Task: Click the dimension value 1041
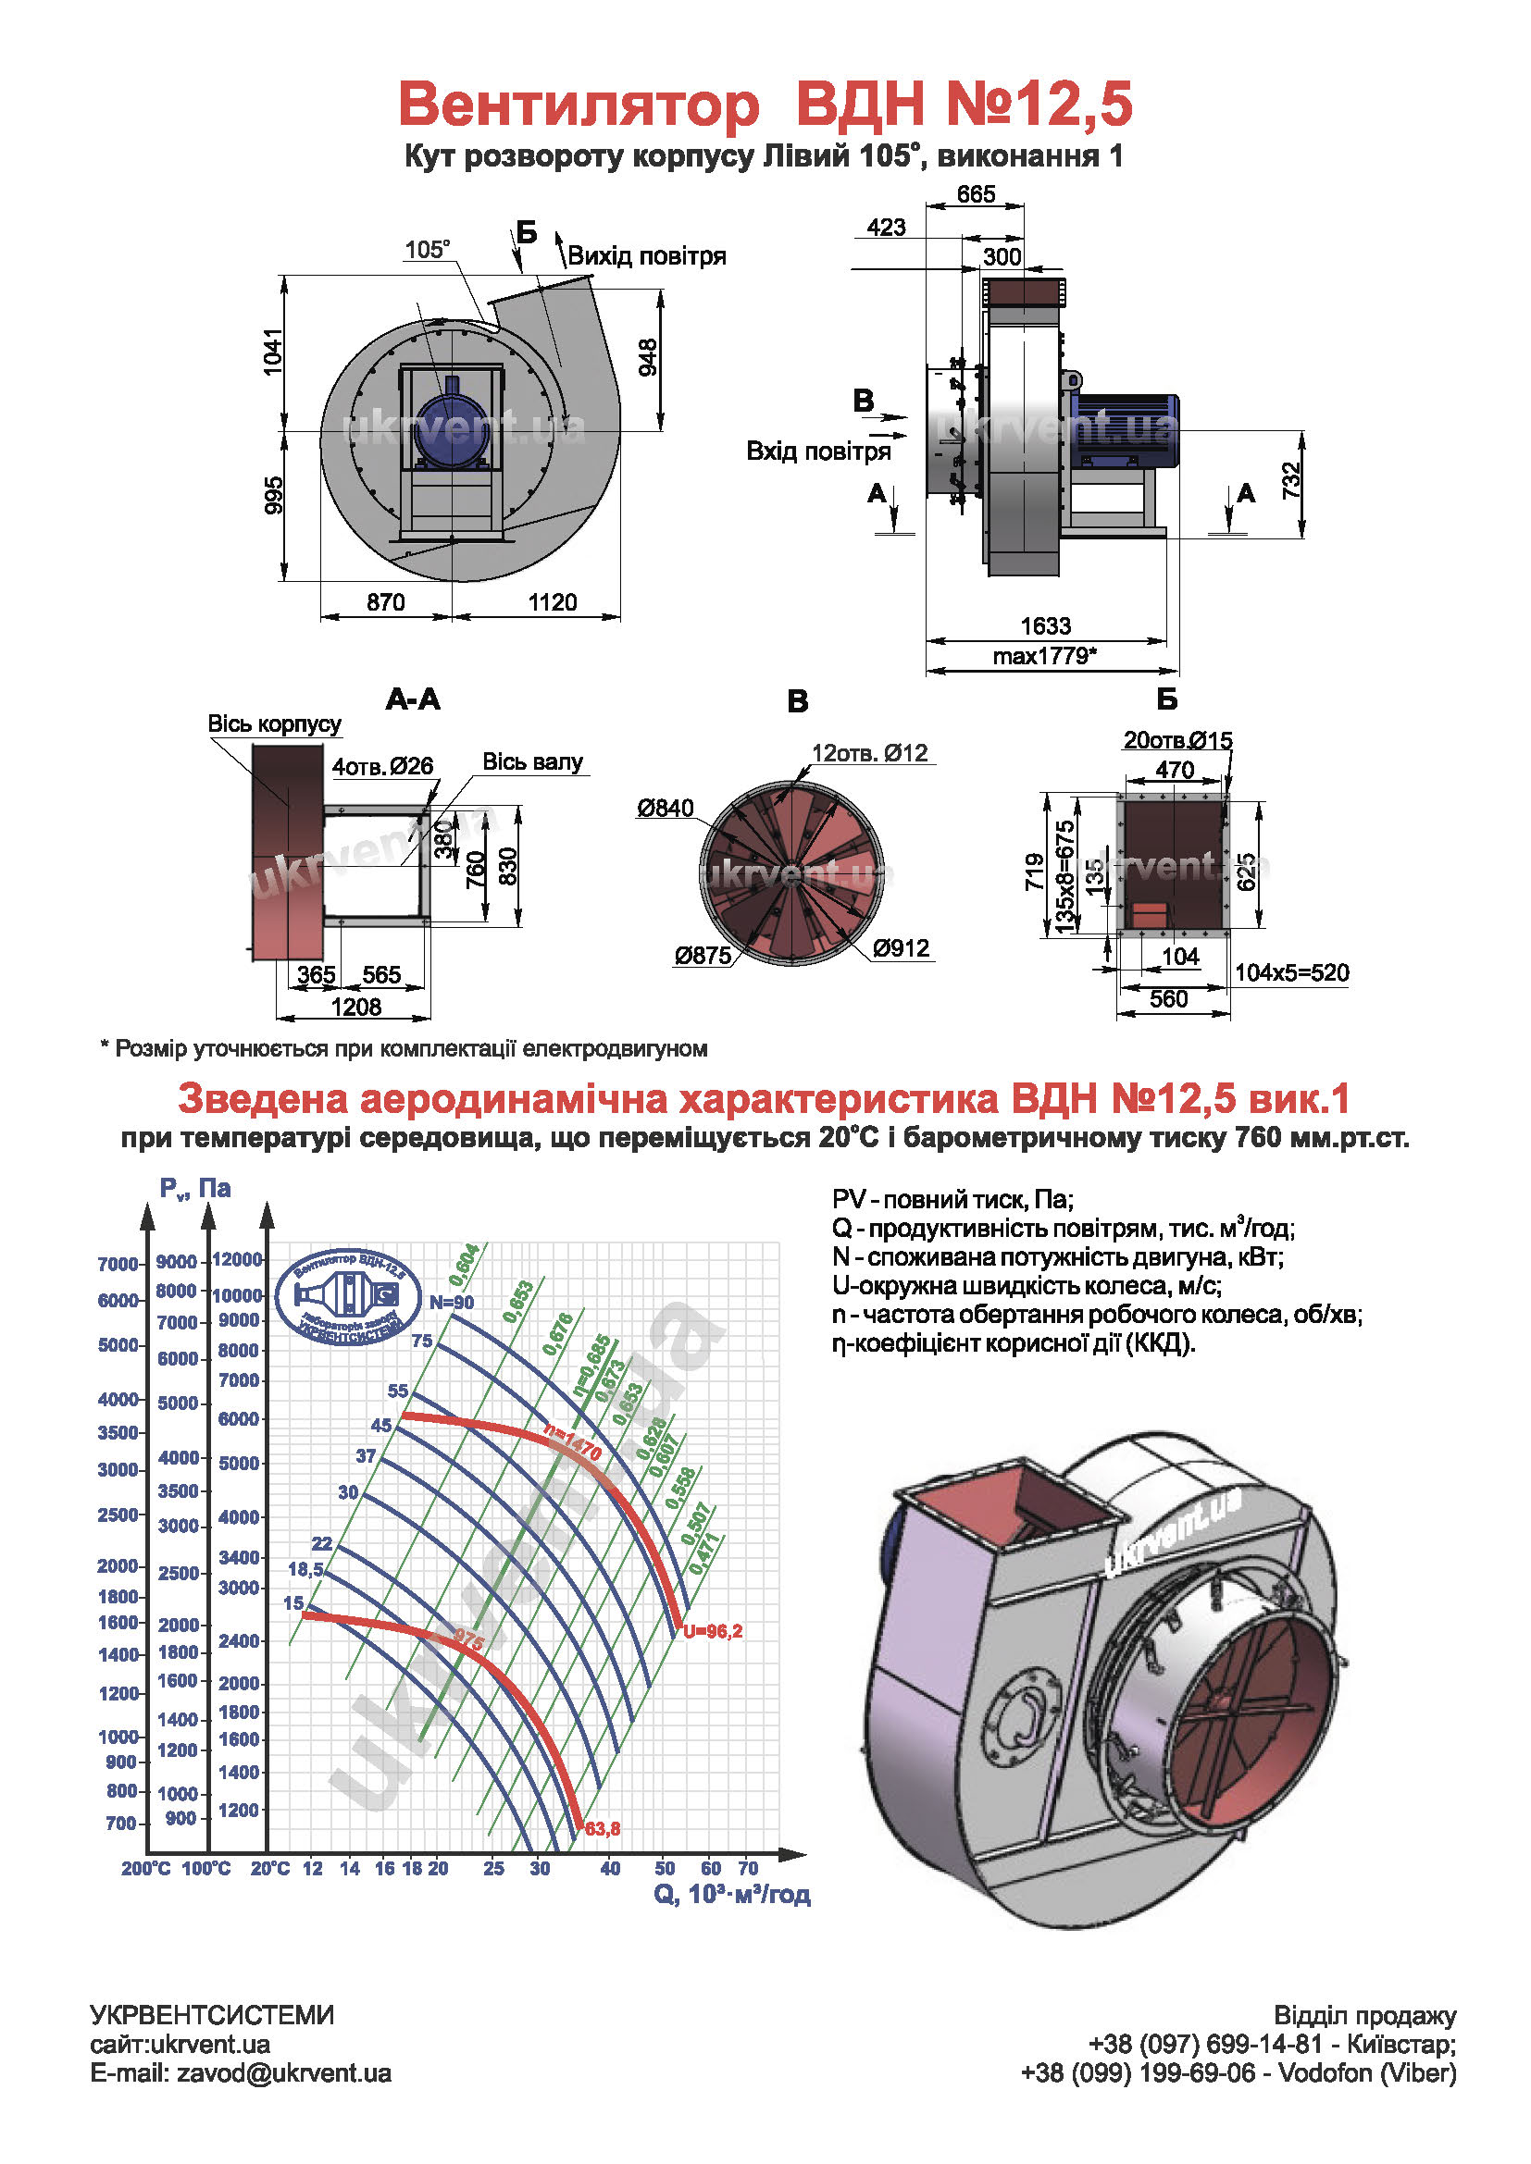pyautogui.click(x=272, y=352)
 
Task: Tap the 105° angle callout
pyautogui.click(x=427, y=250)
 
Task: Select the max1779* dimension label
pyautogui.click(x=1044, y=656)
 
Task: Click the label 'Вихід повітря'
pyautogui.click(x=647, y=256)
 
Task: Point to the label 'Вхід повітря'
pyautogui.click(x=818, y=451)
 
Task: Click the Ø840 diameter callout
pyautogui.click(x=665, y=808)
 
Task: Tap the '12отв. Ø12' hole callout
pyautogui.click(x=870, y=753)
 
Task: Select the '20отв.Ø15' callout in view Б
pyautogui.click(x=1177, y=741)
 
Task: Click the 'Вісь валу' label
pyautogui.click(x=532, y=761)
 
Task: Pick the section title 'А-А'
pyautogui.click(x=413, y=699)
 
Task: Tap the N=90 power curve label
pyautogui.click(x=452, y=1303)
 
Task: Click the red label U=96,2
pyautogui.click(x=713, y=1631)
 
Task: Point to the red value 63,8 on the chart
pyautogui.click(x=603, y=1829)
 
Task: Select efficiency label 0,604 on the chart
pyautogui.click(x=464, y=1265)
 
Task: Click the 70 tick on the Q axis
pyautogui.click(x=748, y=1868)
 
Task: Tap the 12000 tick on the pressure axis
pyautogui.click(x=237, y=1259)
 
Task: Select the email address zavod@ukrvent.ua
pyautogui.click(x=284, y=2073)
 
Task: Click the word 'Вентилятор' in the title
pyautogui.click(x=579, y=104)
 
